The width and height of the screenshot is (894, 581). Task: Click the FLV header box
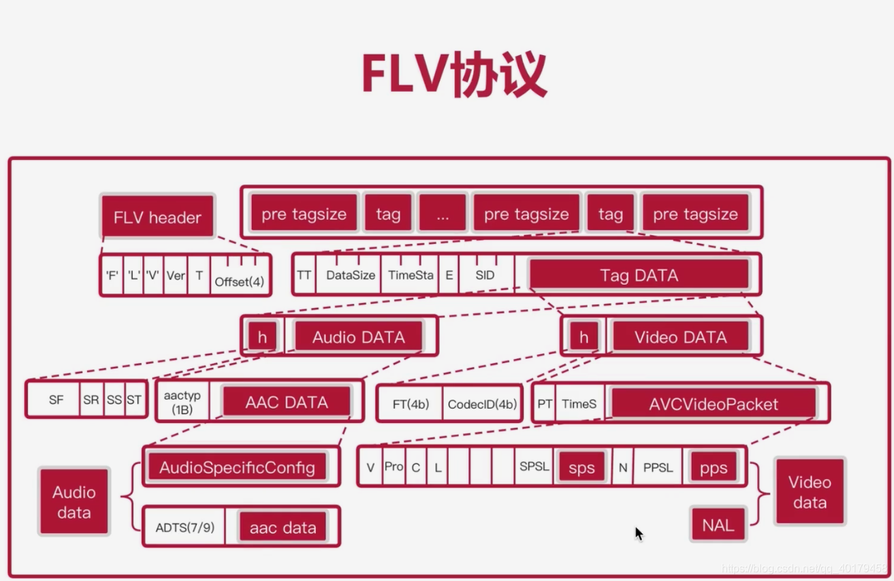pyautogui.click(x=157, y=217)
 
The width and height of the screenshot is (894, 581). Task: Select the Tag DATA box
pyautogui.click(x=639, y=275)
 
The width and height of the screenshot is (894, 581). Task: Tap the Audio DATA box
pyautogui.click(x=358, y=337)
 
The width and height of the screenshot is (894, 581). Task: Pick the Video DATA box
pyautogui.click(x=680, y=337)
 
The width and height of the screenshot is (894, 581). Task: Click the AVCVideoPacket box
pyautogui.click(x=713, y=404)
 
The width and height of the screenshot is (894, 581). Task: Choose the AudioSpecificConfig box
pyautogui.click(x=237, y=467)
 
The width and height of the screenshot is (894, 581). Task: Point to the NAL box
pyautogui.click(x=718, y=525)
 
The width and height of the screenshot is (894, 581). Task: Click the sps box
pyautogui.click(x=581, y=468)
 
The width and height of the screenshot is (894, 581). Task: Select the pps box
pyautogui.click(x=713, y=468)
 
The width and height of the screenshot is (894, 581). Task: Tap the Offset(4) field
pyautogui.click(x=239, y=281)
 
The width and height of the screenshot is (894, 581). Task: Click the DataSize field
pyautogui.click(x=350, y=275)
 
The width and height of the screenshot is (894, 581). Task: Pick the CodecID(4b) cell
pyautogui.click(x=481, y=404)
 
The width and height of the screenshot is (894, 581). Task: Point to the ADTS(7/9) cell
pyautogui.click(x=185, y=527)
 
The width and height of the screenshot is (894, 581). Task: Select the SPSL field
pyautogui.click(x=534, y=467)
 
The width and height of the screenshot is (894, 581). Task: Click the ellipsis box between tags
pyautogui.click(x=443, y=214)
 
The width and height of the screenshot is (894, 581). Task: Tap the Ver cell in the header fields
pyautogui.click(x=175, y=275)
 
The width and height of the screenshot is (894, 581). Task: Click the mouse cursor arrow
pyautogui.click(x=639, y=533)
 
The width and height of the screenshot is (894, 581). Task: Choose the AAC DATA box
pyautogui.click(x=287, y=403)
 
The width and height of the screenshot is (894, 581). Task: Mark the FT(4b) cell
pyautogui.click(x=411, y=404)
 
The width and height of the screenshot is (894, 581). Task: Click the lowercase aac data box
pyautogui.click(x=283, y=527)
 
